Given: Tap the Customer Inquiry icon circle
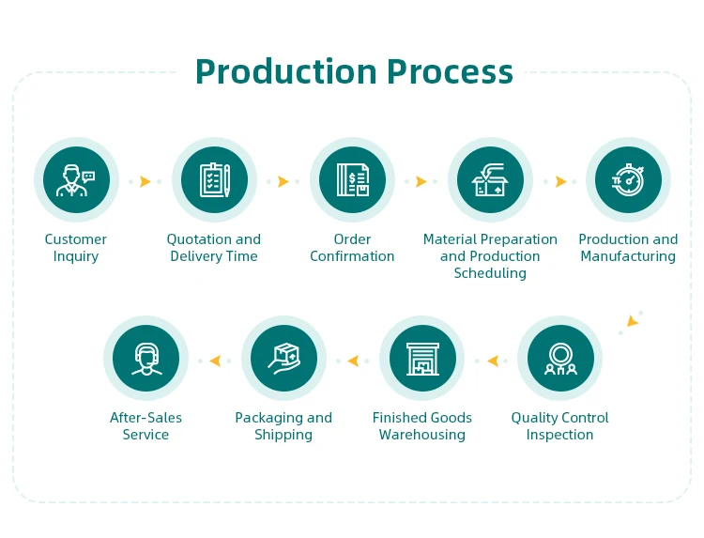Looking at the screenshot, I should [x=76, y=179].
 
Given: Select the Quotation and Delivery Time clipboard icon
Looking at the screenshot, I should [x=214, y=179].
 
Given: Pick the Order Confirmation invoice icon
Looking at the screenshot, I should [x=352, y=179].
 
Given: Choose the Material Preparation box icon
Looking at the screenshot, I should [x=490, y=179].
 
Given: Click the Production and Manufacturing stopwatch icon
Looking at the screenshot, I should [x=628, y=179].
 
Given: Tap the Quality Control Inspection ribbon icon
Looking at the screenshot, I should [x=559, y=358].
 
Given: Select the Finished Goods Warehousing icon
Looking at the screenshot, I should [x=421, y=358].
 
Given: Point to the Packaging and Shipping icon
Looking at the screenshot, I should [x=283, y=358].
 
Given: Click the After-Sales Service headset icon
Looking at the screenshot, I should [x=145, y=358].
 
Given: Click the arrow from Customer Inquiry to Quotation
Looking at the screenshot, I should [x=145, y=181].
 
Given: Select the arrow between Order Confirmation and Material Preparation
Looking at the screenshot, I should [x=421, y=181].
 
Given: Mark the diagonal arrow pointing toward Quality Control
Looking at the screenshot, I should [x=632, y=321].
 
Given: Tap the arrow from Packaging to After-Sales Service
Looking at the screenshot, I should [x=215, y=360].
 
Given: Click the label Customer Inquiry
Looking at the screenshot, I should [x=76, y=248].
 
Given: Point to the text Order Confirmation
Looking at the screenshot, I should [x=352, y=248].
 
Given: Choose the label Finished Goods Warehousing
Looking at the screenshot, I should [x=421, y=426].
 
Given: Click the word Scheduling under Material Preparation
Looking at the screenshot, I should [x=490, y=273].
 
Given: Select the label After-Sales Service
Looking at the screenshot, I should [x=145, y=426].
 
